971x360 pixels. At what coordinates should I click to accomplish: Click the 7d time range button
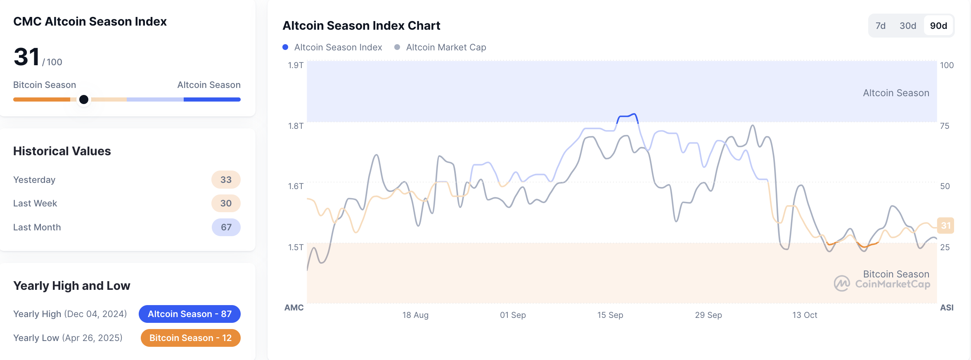pyautogui.click(x=880, y=26)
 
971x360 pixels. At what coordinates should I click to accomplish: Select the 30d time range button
pyautogui.click(x=907, y=26)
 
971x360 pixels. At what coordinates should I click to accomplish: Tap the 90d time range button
pyautogui.click(x=938, y=26)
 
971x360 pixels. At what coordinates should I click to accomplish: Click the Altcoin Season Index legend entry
pyautogui.click(x=332, y=47)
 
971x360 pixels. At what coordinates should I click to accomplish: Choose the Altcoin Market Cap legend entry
pyautogui.click(x=441, y=47)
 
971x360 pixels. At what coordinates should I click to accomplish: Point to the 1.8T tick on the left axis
pyautogui.click(x=296, y=126)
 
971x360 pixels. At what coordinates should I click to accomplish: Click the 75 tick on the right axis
pyautogui.click(x=945, y=126)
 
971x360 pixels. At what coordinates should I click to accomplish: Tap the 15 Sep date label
pyautogui.click(x=610, y=315)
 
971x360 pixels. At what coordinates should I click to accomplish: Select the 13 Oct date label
pyautogui.click(x=804, y=315)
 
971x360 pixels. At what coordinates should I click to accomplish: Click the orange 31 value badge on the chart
pyautogui.click(x=945, y=225)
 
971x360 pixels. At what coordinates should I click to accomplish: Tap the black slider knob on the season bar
pyautogui.click(x=84, y=99)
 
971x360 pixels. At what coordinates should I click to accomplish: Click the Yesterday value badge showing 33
pyautogui.click(x=226, y=180)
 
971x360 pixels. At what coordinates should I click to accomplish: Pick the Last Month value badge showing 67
pyautogui.click(x=226, y=227)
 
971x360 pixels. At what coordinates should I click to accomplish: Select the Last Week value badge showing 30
pyautogui.click(x=226, y=203)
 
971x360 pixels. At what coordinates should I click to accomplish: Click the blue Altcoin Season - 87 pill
pyautogui.click(x=189, y=314)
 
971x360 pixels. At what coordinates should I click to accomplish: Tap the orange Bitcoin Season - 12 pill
pyautogui.click(x=190, y=338)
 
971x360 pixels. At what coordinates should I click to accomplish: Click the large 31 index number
pyautogui.click(x=26, y=57)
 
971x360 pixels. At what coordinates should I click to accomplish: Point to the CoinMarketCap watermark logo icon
pyautogui.click(x=841, y=284)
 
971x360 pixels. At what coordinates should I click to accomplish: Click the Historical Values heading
pyautogui.click(x=62, y=151)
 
